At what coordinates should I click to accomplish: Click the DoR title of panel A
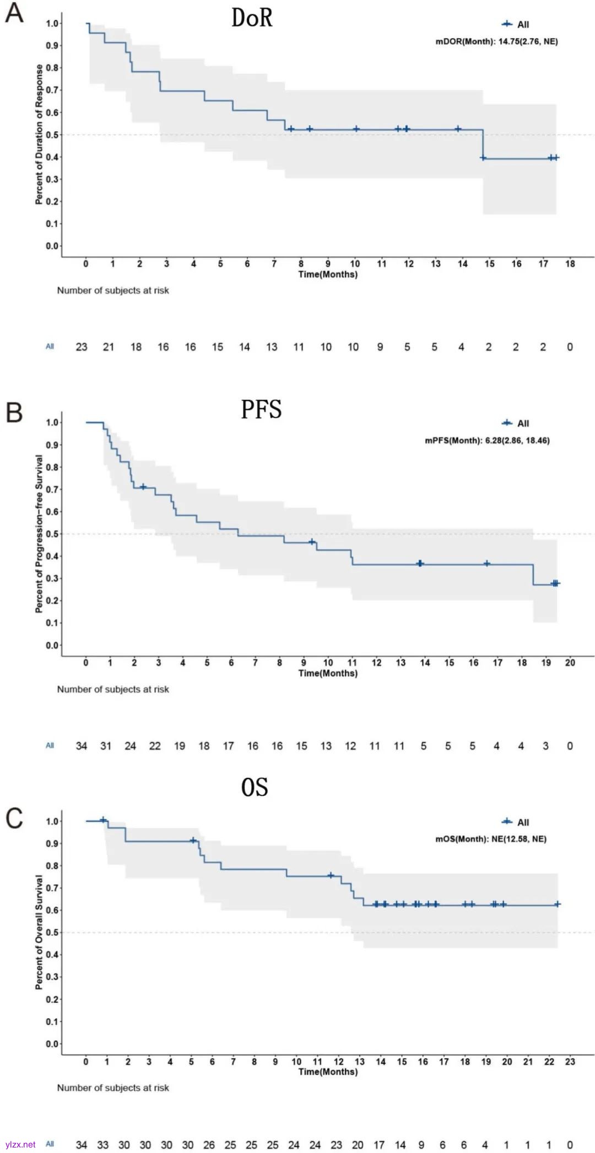[252, 18]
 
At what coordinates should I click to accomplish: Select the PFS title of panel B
[261, 409]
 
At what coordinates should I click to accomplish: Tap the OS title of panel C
[255, 787]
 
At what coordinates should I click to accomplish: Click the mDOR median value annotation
[496, 41]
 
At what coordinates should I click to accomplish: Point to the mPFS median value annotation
[487, 440]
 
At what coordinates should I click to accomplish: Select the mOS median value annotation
[491, 839]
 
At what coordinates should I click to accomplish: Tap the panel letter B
[14, 412]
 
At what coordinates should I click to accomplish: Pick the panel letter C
[14, 818]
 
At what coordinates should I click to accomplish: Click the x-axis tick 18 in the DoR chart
[570, 264]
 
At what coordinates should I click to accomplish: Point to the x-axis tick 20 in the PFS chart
[570, 663]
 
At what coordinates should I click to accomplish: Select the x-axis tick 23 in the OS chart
[570, 1062]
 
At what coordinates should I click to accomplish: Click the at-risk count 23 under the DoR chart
[82, 347]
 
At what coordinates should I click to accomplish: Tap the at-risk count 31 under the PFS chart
[106, 746]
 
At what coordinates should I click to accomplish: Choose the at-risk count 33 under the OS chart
[103, 1145]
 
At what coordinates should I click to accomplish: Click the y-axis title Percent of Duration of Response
[39, 134]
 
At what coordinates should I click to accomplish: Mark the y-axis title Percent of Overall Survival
[39, 932]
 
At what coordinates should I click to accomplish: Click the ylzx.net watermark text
[20, 1145]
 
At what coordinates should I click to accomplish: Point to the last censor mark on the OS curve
[557, 904]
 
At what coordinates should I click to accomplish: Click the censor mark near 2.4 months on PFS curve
[143, 487]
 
